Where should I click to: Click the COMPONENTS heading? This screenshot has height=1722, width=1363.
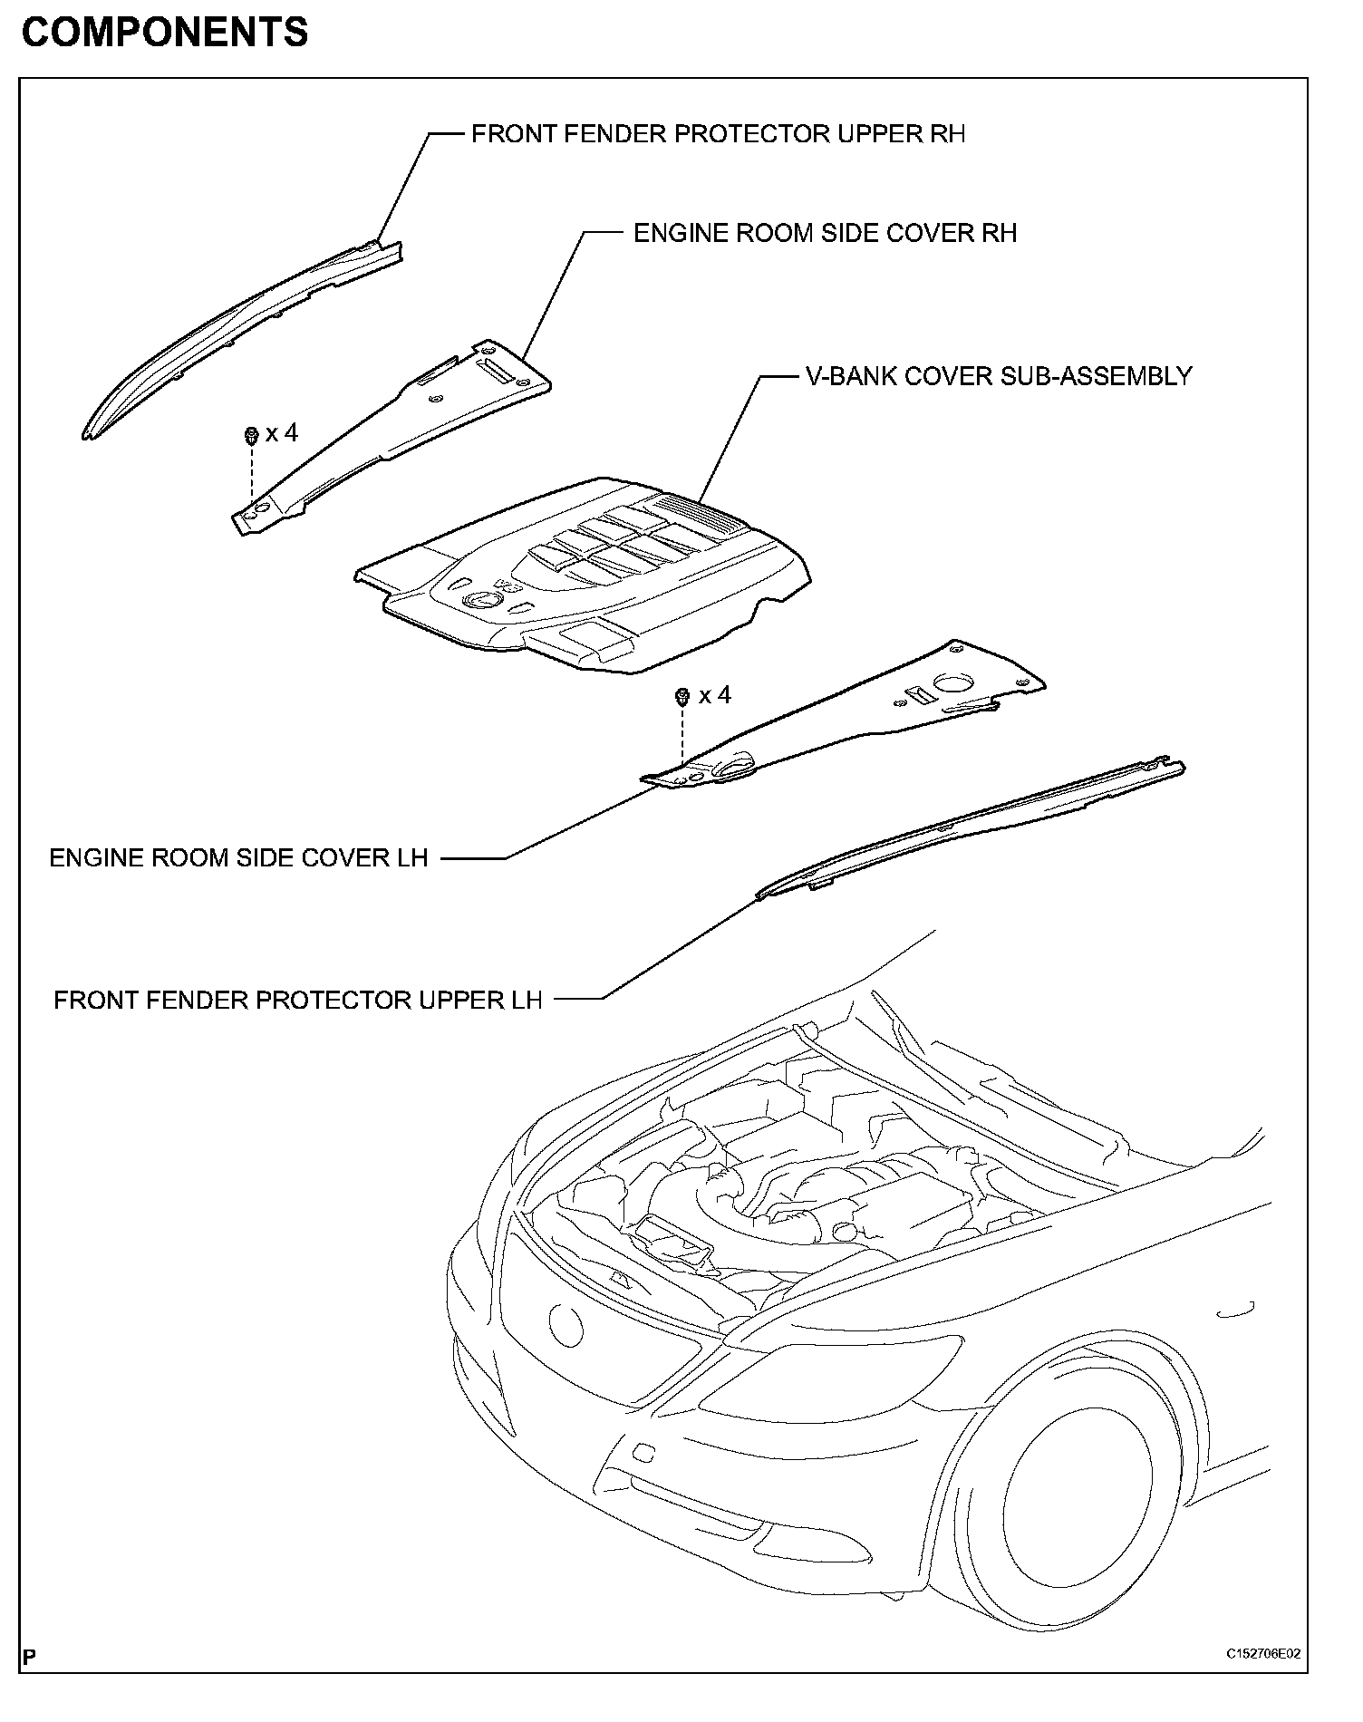pos(164,33)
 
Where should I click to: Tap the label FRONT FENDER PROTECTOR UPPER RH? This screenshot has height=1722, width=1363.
pos(718,134)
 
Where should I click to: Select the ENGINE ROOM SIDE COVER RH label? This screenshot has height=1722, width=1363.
pos(825,233)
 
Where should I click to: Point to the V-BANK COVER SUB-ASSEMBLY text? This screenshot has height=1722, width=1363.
pos(999,376)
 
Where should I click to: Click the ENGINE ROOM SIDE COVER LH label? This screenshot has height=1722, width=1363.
pos(238,857)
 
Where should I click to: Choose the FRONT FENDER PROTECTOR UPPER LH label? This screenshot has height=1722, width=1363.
pos(298,1000)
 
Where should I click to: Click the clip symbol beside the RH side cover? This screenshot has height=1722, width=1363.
pos(249,435)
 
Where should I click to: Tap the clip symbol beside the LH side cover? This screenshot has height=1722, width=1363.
pos(682,697)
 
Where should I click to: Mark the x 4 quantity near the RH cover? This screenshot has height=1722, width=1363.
pos(282,433)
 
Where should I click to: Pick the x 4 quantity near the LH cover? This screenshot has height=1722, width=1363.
pos(715,695)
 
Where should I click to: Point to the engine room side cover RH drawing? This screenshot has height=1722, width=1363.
pos(399,426)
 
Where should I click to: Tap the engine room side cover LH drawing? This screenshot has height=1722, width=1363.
pos(852,716)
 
